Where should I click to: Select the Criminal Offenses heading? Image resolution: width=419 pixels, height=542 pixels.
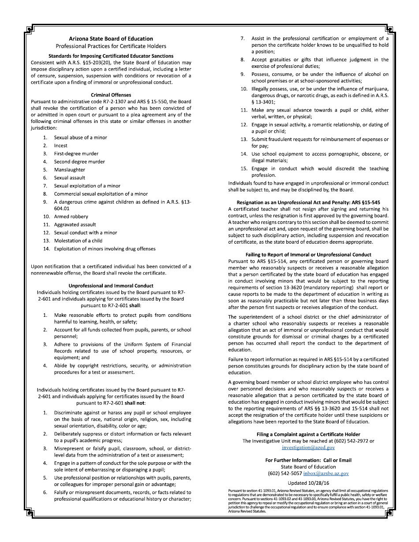(111, 95)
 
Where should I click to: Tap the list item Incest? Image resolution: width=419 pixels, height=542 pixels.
(61, 145)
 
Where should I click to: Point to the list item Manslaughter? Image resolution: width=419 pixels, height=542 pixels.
(70, 170)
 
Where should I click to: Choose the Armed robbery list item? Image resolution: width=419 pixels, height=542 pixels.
(71, 216)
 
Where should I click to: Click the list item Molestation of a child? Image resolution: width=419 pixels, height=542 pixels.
(78, 241)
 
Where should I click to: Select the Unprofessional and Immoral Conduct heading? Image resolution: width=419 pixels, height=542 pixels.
(111, 286)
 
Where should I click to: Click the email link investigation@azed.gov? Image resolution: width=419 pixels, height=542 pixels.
(308, 447)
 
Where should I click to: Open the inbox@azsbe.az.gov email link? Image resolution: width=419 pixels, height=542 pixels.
(326, 473)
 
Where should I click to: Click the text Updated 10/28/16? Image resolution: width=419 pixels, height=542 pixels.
(308, 483)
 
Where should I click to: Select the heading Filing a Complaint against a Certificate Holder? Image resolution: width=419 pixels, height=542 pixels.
(308, 434)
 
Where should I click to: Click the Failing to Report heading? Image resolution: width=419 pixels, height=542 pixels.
(308, 254)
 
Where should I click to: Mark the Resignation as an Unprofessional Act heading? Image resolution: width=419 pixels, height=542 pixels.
(308, 202)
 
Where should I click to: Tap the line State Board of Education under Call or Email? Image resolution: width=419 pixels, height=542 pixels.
(308, 467)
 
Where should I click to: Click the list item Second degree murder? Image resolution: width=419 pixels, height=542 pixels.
(79, 162)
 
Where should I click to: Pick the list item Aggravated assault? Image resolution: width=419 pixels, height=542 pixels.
(75, 224)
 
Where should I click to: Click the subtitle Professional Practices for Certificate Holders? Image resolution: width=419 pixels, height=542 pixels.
(111, 46)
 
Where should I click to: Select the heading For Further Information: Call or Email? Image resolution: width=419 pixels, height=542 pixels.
(308, 460)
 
